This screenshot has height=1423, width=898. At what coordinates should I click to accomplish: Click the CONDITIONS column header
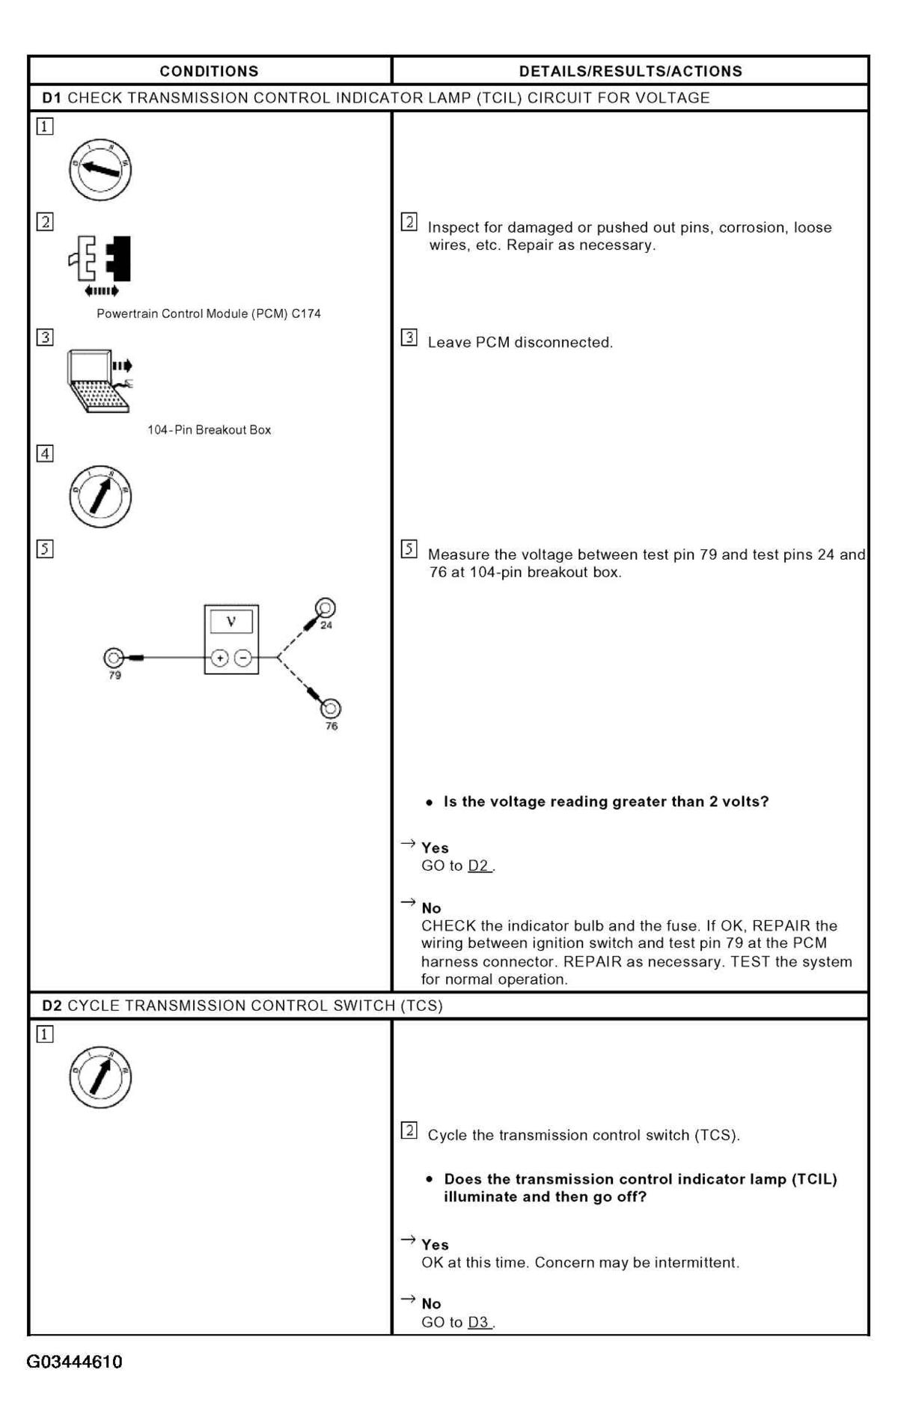[x=209, y=71]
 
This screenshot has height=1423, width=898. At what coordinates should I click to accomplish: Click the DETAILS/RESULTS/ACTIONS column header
[x=630, y=71]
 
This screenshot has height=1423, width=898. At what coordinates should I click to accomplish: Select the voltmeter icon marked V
[x=231, y=639]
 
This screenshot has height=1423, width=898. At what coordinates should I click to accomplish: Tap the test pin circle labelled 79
[x=114, y=658]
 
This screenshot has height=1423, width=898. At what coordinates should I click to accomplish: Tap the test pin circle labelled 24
[x=326, y=608]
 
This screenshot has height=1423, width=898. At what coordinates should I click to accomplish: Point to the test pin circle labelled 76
[x=331, y=708]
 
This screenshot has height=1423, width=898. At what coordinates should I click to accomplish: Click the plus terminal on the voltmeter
[x=220, y=658]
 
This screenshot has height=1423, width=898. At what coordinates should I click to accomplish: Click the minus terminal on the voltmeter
[x=243, y=658]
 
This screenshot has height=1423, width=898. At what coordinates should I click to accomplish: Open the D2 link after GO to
[x=479, y=866]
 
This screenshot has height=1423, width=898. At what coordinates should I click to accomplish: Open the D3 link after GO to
[x=479, y=1322]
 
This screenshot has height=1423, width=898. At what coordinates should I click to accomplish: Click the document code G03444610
[x=75, y=1362]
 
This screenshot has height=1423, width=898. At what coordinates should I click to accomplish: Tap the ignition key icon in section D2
[x=100, y=1077]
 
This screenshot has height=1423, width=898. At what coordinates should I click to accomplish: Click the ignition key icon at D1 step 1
[x=100, y=169]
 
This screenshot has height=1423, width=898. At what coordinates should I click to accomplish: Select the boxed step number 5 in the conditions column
[x=45, y=549]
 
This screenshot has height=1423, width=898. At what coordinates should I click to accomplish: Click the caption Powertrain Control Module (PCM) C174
[x=209, y=313]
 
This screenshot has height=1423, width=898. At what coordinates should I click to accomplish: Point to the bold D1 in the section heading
[x=52, y=98]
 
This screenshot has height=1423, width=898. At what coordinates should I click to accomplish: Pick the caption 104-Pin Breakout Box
[x=209, y=430]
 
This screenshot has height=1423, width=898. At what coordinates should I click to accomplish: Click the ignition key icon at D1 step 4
[x=100, y=495]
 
